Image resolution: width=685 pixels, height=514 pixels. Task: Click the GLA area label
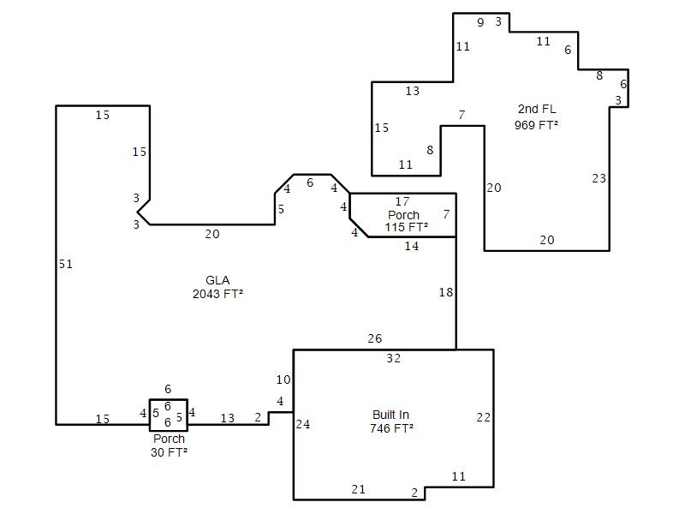(217, 280)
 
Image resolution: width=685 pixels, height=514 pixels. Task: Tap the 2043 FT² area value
(217, 294)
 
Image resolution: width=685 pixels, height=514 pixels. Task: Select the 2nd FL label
(537, 109)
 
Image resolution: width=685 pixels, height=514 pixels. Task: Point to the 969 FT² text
(536, 125)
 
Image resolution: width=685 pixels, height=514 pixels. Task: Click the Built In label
(390, 415)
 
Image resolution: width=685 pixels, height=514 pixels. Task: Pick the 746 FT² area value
(391, 428)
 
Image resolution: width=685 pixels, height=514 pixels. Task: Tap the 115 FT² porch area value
(406, 227)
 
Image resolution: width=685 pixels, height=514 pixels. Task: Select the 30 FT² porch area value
(169, 452)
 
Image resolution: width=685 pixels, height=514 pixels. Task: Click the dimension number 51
(66, 264)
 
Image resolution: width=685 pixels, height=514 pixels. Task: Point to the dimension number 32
(393, 358)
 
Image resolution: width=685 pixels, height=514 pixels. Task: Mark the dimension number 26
(374, 338)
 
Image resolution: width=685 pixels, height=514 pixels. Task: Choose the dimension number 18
(445, 292)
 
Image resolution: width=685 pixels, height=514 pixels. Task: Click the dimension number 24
(303, 424)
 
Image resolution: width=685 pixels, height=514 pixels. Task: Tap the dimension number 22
(483, 417)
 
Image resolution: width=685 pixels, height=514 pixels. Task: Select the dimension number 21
(358, 489)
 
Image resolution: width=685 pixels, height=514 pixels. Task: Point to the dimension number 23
(599, 178)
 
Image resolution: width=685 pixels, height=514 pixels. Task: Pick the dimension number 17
(402, 201)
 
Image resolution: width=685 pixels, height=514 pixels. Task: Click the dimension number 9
(480, 22)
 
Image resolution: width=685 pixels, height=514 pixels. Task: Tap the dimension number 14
(412, 246)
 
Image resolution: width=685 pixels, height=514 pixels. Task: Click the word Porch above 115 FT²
(403, 215)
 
